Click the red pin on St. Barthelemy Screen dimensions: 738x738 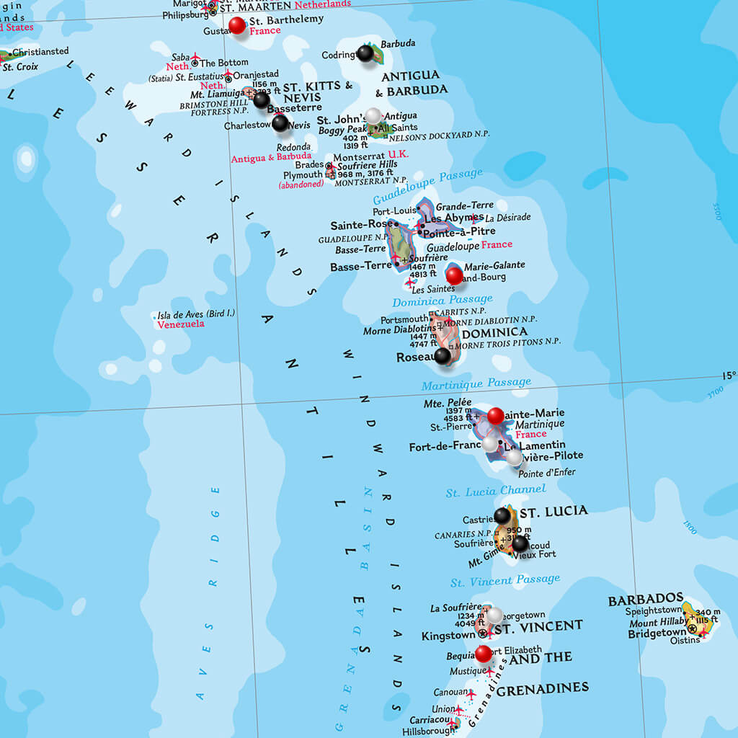pos(237,26)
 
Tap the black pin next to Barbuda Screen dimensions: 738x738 pos(366,53)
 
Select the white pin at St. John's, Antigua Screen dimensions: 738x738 pos(373,115)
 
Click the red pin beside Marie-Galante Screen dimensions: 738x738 pos(454,275)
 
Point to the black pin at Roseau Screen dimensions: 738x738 pos(443,355)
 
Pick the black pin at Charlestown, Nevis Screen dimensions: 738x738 pos(280,123)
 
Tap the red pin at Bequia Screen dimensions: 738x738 pos(484,654)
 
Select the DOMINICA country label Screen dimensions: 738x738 pos(494,333)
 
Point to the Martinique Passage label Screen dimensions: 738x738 pos(476,383)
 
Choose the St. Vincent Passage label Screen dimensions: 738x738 pos(504,580)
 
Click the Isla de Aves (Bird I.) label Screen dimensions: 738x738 pos(196,314)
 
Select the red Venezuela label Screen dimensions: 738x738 pos(180,324)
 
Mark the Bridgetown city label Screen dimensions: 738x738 pos(657,633)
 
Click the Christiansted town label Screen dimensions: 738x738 pos(40,52)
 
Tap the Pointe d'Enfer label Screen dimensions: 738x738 pos(547,473)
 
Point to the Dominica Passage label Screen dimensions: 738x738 pos(442,300)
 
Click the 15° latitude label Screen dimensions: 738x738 pos(729,375)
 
